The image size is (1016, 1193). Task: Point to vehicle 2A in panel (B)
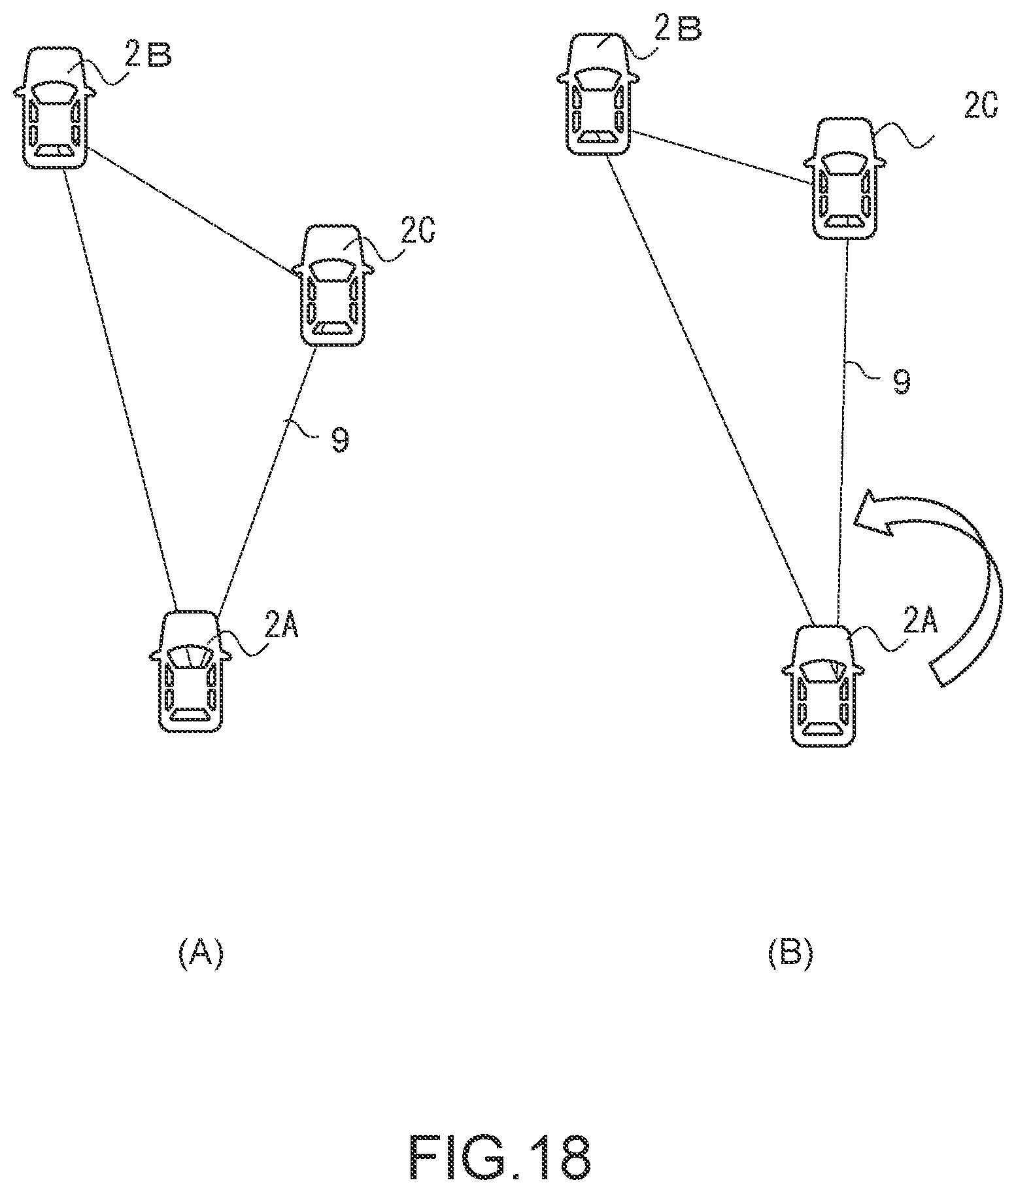point(822,685)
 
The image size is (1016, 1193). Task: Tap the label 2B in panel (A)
point(148,56)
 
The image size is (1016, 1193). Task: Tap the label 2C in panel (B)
point(980,105)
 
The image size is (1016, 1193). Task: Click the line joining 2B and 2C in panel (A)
point(190,211)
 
